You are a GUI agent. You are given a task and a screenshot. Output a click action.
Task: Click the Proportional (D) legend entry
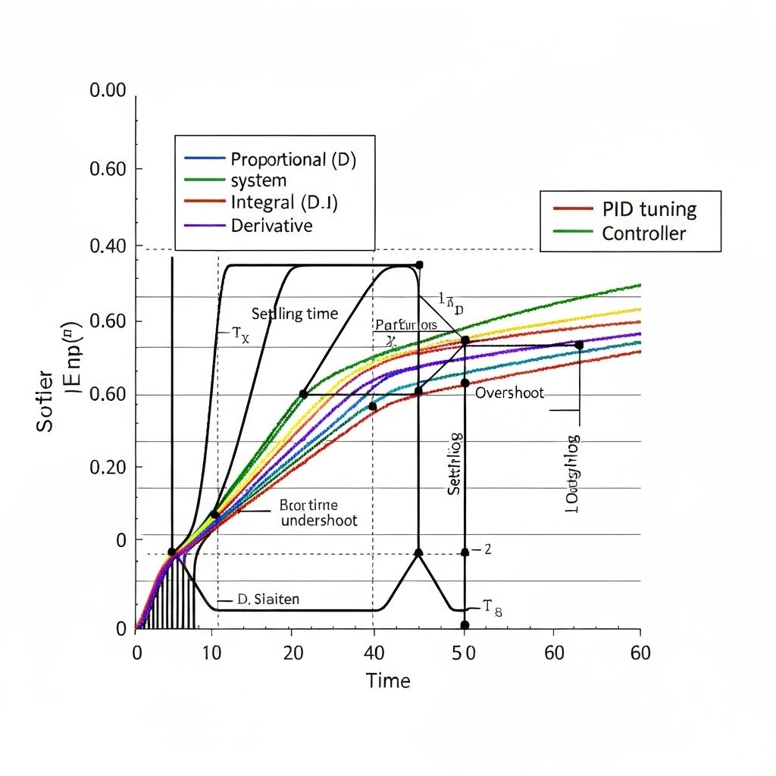(293, 160)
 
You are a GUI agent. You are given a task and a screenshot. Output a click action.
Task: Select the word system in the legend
(258, 180)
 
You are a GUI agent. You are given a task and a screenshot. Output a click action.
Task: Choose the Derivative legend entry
(271, 225)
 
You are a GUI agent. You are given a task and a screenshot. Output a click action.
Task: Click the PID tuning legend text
(649, 209)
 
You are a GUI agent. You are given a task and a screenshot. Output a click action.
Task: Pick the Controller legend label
(643, 233)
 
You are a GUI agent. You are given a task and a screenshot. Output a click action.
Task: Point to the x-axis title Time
(388, 681)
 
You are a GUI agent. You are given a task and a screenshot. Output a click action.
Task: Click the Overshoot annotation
(509, 394)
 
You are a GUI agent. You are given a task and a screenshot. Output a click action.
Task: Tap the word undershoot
(318, 521)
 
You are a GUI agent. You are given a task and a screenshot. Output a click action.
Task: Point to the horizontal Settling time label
(294, 314)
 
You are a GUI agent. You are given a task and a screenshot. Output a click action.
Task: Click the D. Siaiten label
(268, 599)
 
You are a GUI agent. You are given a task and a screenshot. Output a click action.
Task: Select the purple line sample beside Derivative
(205, 226)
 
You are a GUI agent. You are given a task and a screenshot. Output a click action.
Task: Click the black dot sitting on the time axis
(465, 625)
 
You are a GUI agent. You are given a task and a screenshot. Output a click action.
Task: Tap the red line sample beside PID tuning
(573, 208)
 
